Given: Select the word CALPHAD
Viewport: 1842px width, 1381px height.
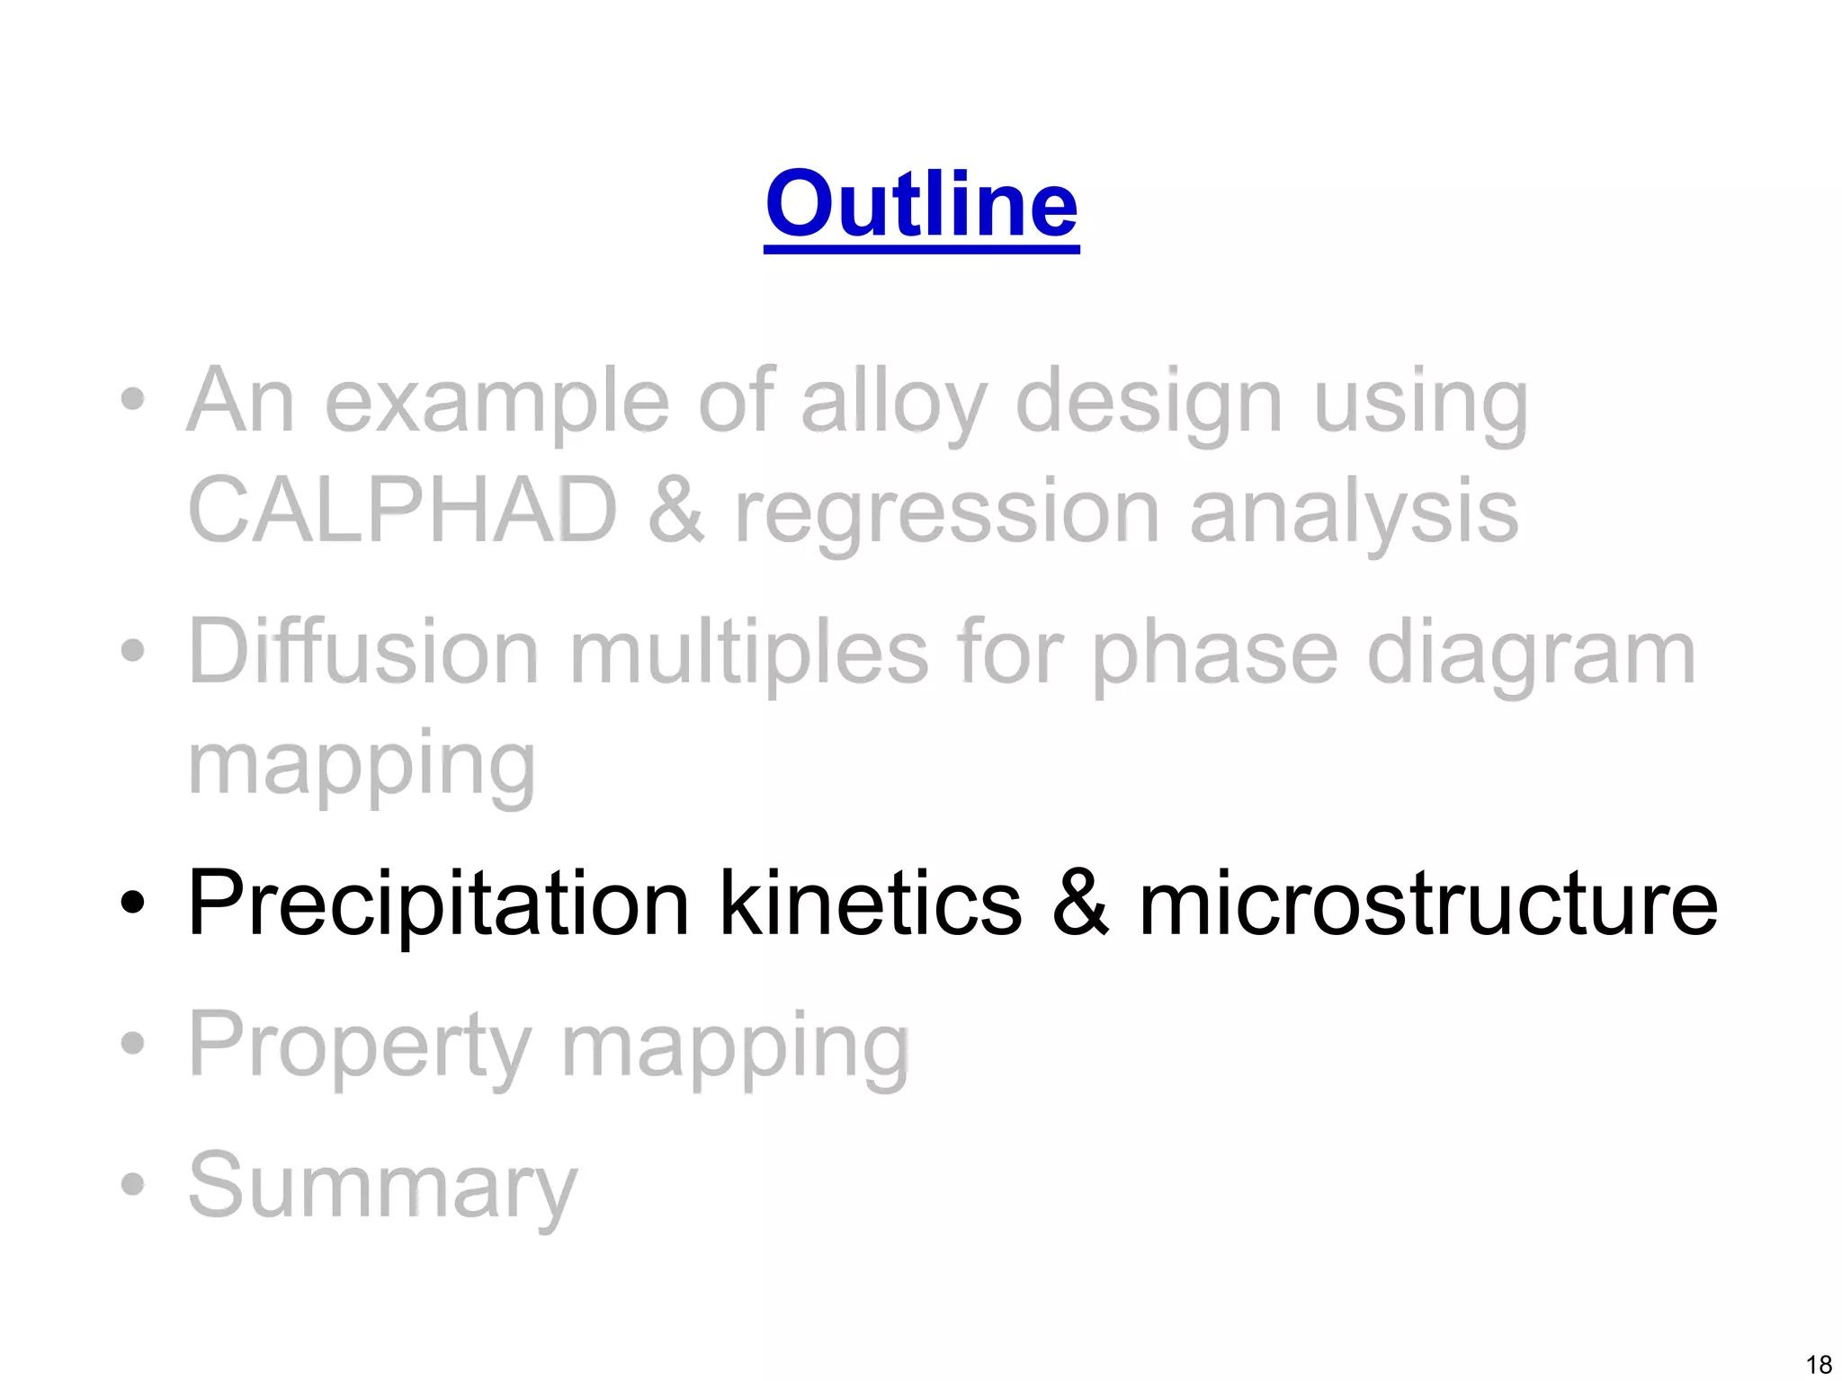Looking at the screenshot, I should point(402,510).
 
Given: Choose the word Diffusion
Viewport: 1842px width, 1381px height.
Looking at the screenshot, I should point(363,652).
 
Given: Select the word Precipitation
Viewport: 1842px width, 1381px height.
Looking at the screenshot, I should point(438,904).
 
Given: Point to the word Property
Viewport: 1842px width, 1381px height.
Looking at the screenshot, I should point(360,1046).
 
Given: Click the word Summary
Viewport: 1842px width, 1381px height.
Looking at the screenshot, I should point(382,1187).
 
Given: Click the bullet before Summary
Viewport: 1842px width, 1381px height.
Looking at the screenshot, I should point(133,1184).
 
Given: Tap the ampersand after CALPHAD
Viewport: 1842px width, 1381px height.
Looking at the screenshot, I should point(675,510).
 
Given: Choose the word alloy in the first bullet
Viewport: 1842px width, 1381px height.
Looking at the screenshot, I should point(894,402).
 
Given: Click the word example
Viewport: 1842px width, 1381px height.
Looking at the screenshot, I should point(496,402).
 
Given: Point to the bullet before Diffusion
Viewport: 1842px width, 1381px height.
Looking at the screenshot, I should point(133,650).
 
